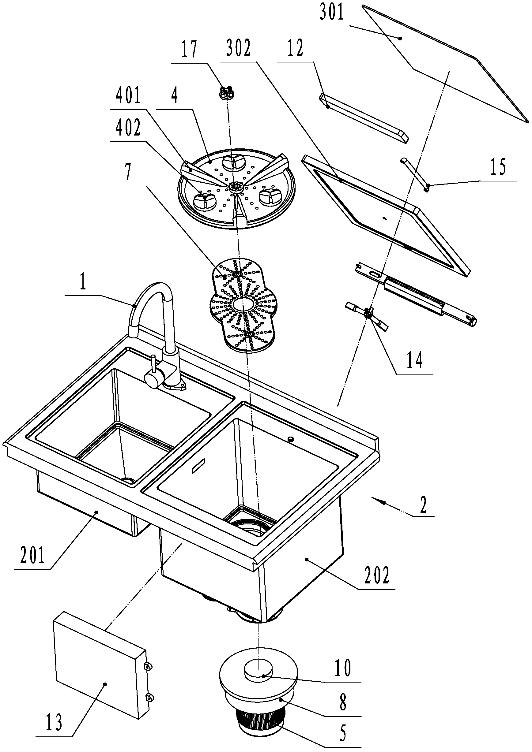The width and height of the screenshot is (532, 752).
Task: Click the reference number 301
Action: coord(332,13)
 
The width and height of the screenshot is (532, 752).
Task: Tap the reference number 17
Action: coord(190,49)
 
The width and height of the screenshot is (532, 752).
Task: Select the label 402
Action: coord(128,128)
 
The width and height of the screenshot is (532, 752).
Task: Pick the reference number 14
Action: coord(414,360)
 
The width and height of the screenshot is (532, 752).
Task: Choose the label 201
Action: coord(32,556)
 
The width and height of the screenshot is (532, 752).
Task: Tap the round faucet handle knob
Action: coord(153,380)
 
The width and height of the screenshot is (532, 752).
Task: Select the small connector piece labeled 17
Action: coord(226,92)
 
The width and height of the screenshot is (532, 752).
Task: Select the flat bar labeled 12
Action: coord(364,119)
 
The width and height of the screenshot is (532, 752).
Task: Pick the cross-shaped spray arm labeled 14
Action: coord(367,315)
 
